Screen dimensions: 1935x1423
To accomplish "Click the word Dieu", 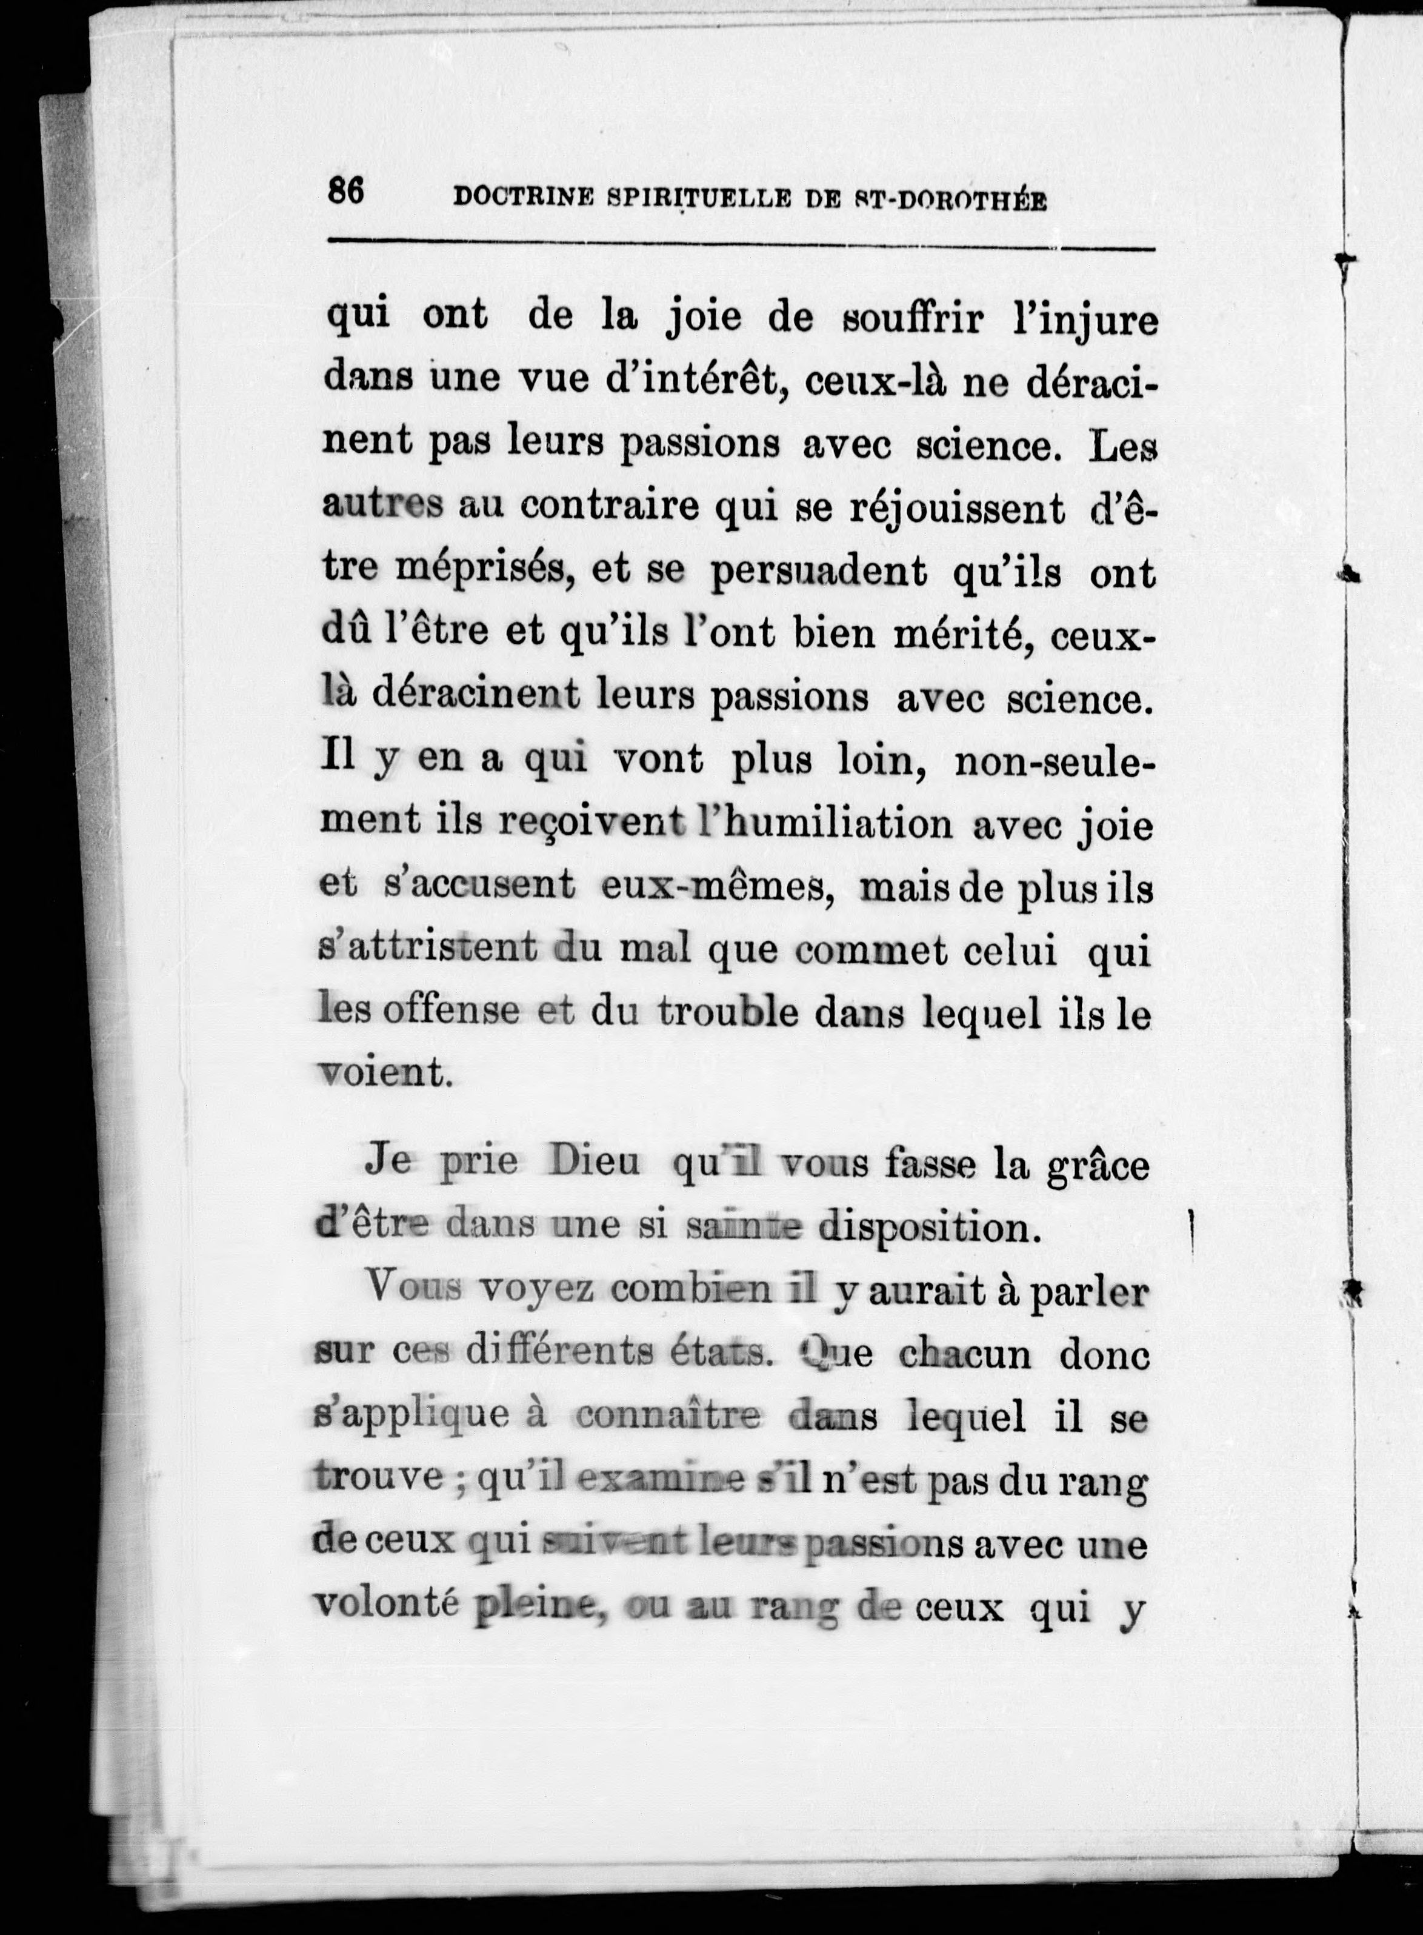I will tap(595, 1163).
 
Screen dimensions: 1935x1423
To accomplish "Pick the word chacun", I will tap(965, 1354).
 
